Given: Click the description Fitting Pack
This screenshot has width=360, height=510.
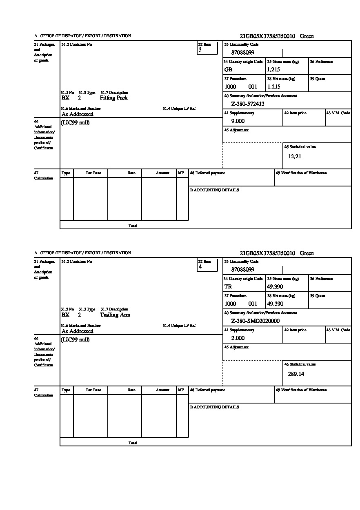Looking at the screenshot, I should [x=113, y=98].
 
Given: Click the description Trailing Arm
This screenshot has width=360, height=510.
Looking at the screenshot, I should [x=115, y=315].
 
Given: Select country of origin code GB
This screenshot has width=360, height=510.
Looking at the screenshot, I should [x=228, y=70].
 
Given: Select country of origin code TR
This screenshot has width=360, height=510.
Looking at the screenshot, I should [x=228, y=287].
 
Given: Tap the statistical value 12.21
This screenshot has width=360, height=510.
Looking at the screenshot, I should [x=295, y=157].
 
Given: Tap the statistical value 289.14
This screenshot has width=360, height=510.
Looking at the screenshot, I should [x=296, y=374].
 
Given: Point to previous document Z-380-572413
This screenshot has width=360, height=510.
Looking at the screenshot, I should [x=248, y=104].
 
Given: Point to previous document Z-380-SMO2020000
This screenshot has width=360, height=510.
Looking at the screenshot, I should [x=255, y=321].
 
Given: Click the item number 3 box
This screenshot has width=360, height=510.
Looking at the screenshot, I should [x=207, y=48].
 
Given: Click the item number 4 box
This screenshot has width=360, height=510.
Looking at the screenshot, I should [x=207, y=265].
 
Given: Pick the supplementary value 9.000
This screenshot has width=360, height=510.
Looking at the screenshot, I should [x=238, y=121].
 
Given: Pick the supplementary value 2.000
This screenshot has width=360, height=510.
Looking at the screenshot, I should [x=238, y=338].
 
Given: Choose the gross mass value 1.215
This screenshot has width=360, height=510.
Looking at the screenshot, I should [x=273, y=70].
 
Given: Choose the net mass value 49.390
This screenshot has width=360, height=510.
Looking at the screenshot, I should [x=275, y=304].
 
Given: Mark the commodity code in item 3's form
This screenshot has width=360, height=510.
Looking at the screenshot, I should [x=242, y=53].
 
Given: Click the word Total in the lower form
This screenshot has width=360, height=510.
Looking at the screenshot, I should [x=133, y=443].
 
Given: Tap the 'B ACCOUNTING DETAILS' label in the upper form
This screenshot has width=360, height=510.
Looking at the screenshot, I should [x=214, y=190].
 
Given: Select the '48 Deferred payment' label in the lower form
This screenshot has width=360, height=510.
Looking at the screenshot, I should [x=207, y=390].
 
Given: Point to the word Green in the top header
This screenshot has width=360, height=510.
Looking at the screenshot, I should [x=307, y=36].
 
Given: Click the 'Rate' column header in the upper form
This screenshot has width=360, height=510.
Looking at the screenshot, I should [x=131, y=173].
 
